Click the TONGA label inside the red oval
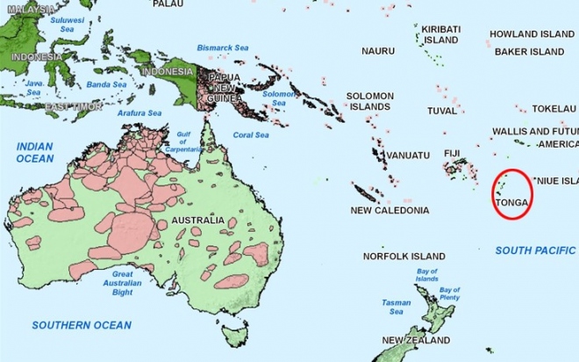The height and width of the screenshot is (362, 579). coord(512,203)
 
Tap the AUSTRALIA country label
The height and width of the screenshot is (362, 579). coord(197,220)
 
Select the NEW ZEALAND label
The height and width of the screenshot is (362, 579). coord(417,340)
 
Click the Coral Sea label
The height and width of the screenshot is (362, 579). coord(250,135)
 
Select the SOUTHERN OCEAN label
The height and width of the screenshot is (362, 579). coord(82,325)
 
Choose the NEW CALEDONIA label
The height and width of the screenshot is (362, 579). coord(390,211)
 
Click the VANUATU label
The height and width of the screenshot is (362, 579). coord(408,156)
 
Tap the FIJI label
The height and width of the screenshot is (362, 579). coord(452,154)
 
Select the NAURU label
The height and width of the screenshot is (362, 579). coord(378,51)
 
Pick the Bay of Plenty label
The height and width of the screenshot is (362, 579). coord(449,294)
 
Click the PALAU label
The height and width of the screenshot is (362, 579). coord(168,4)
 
